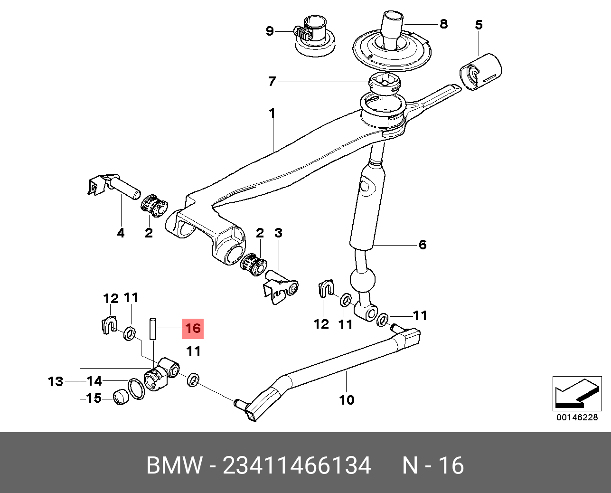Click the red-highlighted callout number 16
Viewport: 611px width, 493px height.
tap(193, 329)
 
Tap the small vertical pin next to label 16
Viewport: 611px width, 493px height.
tap(153, 329)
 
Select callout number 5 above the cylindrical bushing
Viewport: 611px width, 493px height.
tap(479, 25)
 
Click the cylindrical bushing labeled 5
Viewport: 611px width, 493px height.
tap(480, 72)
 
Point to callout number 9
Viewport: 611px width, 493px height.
tap(270, 31)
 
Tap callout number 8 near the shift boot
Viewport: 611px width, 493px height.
tap(443, 24)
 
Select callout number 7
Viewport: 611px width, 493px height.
tap(272, 82)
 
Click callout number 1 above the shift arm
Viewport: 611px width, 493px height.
tap(272, 114)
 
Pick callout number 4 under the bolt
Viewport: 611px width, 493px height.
tap(121, 233)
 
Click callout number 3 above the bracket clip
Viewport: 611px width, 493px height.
tap(278, 233)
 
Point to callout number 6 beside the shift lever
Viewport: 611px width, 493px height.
tap(423, 245)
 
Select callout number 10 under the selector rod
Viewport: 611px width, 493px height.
tap(347, 400)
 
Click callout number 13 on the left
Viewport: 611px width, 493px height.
tap(56, 381)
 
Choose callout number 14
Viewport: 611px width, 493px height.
tap(94, 381)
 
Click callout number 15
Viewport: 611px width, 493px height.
tap(94, 398)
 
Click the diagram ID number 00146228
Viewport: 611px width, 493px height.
tap(577, 417)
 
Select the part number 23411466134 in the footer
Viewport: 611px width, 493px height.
tap(297, 466)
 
